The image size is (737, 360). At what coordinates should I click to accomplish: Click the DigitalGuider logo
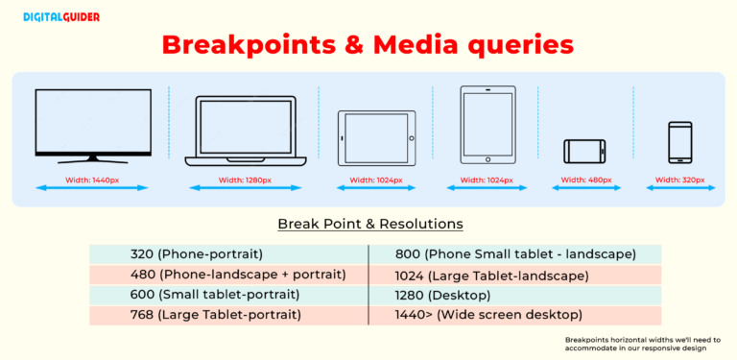pos(58,16)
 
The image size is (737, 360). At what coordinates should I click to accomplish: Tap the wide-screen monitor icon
pos(92,126)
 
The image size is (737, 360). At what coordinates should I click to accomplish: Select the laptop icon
pos(245,128)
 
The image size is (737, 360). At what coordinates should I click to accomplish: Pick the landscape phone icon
pos(584,151)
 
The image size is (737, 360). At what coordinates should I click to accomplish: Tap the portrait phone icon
pos(680,143)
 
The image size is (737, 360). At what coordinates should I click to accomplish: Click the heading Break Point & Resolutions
pos(369,224)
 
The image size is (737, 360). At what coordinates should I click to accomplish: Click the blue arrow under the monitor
pos(92,188)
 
